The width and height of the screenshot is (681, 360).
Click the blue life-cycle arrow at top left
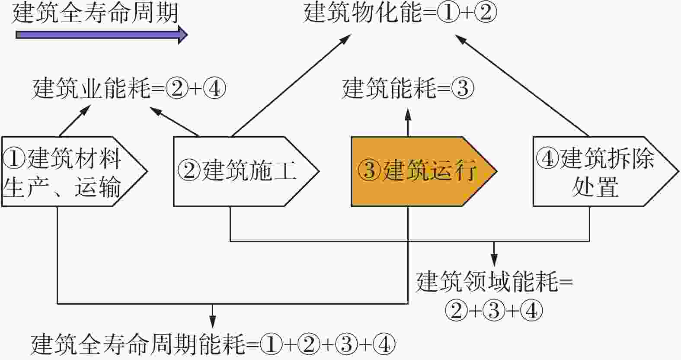coord(102,35)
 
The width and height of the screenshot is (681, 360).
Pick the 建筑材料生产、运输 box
coord(74,172)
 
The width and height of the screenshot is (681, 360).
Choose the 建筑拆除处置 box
coord(606,172)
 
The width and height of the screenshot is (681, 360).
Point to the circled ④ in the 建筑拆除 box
coord(547,158)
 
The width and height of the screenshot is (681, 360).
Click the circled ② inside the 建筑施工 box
coord(189,170)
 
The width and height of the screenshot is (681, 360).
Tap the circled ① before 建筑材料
coord(13,158)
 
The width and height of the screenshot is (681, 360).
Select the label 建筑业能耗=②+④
coord(129,89)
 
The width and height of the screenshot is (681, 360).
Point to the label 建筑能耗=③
coord(408,88)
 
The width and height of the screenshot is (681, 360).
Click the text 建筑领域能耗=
coord(494,283)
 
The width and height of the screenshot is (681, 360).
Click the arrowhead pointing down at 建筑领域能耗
coord(494,260)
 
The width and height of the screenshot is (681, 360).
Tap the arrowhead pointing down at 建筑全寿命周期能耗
coord(212,322)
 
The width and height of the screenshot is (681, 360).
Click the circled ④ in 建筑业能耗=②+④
coord(215,89)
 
